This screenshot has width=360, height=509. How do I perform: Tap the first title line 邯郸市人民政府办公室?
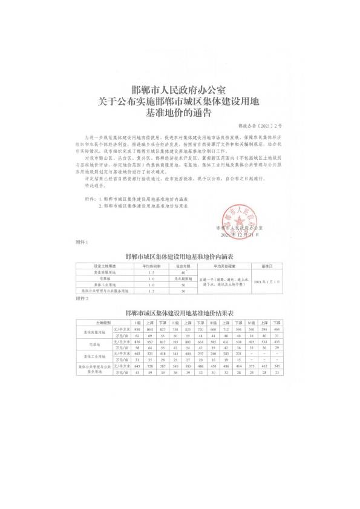(180, 90)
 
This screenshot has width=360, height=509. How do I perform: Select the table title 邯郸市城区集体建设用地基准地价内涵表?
(180, 256)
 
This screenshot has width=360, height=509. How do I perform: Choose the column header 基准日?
(267, 265)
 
